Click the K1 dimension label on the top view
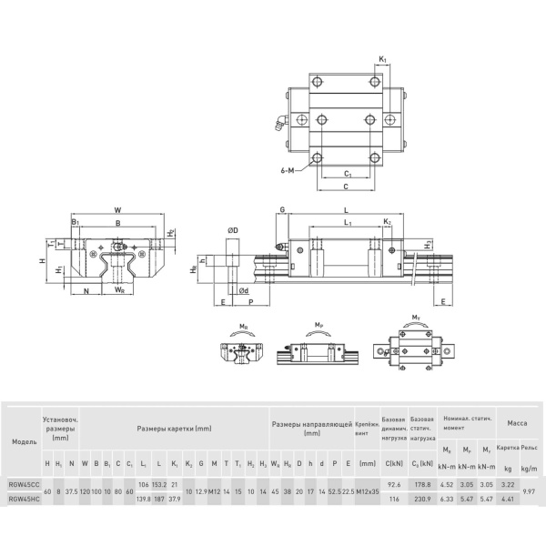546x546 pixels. point(383,59)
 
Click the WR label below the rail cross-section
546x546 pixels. point(119,290)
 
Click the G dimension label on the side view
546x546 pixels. point(282,210)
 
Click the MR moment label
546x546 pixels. point(243,325)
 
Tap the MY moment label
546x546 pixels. point(417,318)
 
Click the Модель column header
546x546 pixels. point(24,440)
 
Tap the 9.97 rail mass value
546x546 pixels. point(530,491)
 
